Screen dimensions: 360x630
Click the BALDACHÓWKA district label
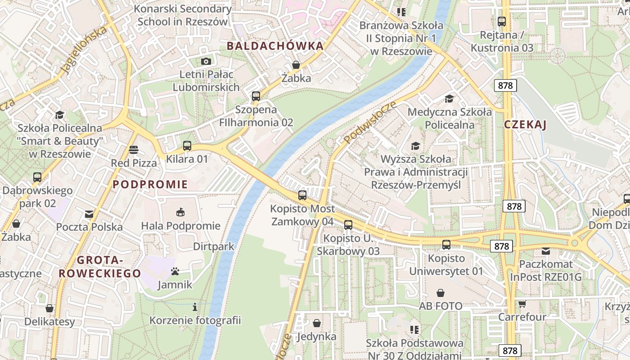click(275, 46)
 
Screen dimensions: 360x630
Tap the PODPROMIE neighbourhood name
click(150, 184)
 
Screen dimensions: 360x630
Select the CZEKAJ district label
click(525, 125)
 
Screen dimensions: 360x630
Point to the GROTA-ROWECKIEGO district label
click(99, 267)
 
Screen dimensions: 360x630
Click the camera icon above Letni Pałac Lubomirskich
click(206, 61)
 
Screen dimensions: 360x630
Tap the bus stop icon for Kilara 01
click(187, 146)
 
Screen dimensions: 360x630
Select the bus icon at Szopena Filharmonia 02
click(256, 96)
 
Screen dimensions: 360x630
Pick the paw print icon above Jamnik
click(175, 271)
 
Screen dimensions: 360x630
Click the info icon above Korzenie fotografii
click(195, 307)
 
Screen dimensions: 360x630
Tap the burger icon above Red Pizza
click(133, 149)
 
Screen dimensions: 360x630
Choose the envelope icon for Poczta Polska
click(89, 214)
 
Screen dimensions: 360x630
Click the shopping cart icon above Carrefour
click(522, 304)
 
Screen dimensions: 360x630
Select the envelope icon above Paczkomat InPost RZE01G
click(546, 251)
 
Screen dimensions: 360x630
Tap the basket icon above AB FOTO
click(441, 293)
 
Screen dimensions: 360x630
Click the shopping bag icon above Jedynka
click(317, 323)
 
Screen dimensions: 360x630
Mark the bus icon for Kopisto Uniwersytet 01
click(446, 245)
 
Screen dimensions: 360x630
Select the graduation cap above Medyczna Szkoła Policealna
click(449, 99)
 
